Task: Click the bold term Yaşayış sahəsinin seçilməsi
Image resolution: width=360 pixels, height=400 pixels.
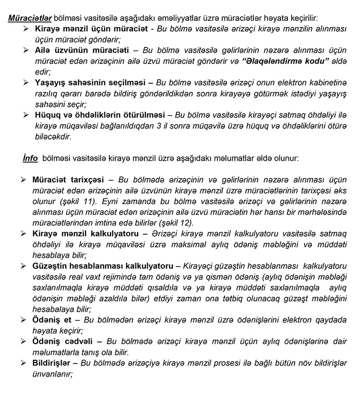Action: click(x=90, y=83)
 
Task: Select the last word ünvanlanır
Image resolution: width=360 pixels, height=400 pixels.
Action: click(x=52, y=373)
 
